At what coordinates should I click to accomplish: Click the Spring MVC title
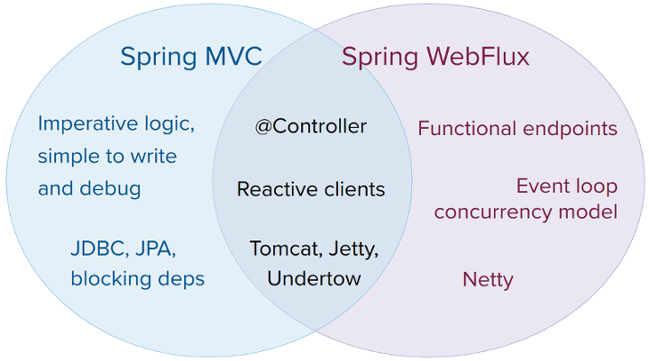(191, 58)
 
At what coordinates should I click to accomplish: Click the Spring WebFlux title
(435, 58)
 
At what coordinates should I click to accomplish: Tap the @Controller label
(311, 126)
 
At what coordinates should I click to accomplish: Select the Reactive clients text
(311, 189)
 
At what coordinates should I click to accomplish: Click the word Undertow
(314, 278)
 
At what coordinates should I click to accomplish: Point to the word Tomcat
(280, 248)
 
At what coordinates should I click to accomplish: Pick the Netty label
(488, 279)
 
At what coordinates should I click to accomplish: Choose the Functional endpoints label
(517, 129)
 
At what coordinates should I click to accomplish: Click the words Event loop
(566, 186)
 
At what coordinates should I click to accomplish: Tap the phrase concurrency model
(526, 212)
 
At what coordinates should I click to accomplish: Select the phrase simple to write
(106, 156)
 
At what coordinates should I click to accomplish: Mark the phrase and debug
(89, 189)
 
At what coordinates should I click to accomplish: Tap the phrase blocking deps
(137, 278)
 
